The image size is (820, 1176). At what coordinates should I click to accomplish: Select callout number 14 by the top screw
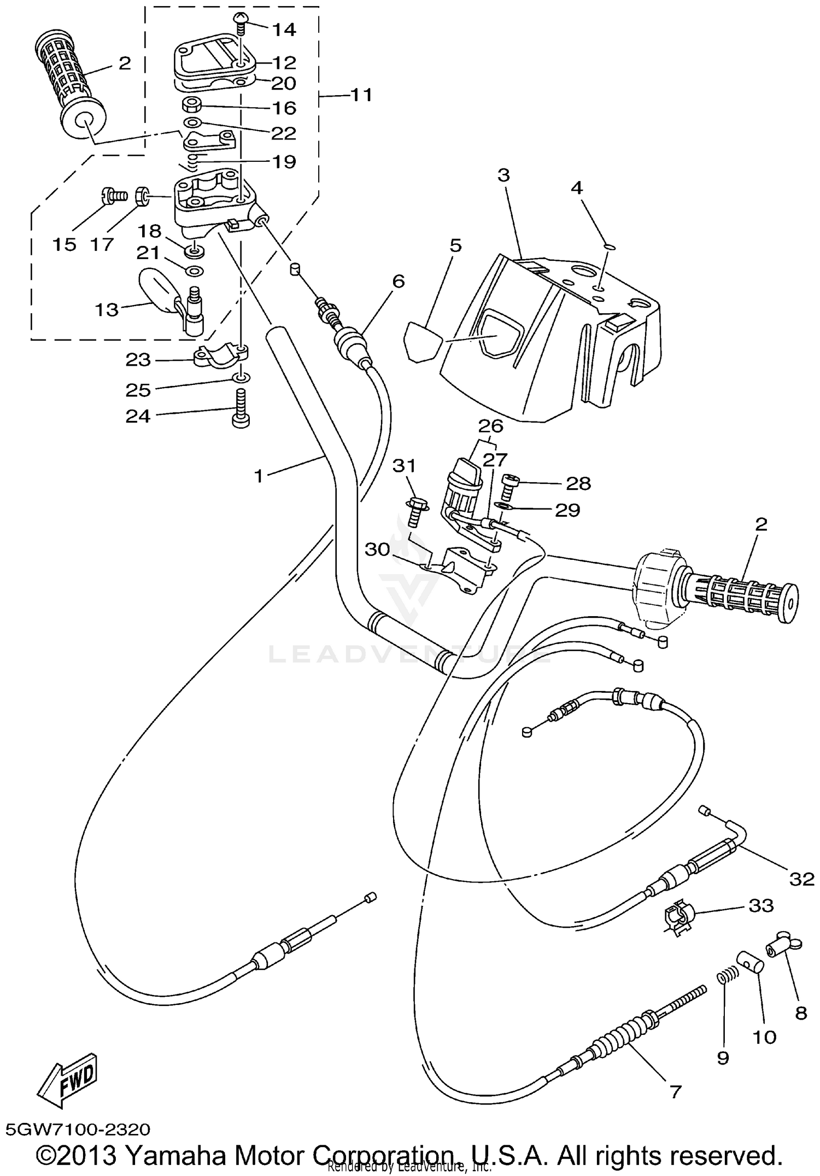[x=284, y=30]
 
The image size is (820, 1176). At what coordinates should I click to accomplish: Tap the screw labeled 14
[x=241, y=23]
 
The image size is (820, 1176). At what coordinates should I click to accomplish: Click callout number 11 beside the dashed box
[x=361, y=95]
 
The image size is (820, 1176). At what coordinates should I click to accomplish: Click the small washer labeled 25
[x=241, y=378]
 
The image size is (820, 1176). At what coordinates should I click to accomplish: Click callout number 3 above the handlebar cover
[x=503, y=176]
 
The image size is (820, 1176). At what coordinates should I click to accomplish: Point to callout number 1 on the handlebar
[x=259, y=476]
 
